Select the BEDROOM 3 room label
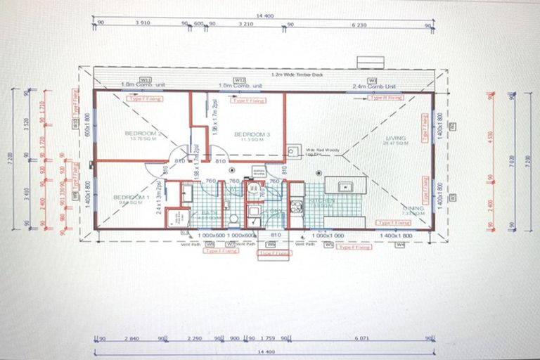[x=248, y=134]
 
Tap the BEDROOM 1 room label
[x=132, y=198]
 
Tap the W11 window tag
[x=146, y=80]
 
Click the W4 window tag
[x=400, y=245]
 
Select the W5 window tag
[x=328, y=245]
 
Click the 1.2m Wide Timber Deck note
[x=294, y=74]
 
